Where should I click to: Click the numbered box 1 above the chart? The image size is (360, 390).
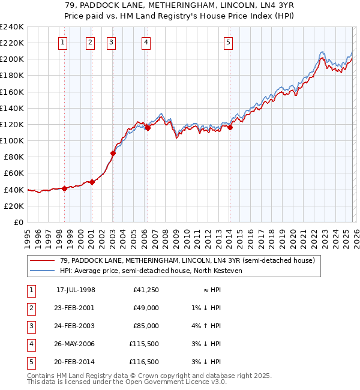(64, 42)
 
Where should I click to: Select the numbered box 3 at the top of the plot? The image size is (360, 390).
(112, 42)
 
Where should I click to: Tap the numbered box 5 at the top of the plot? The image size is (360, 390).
(229, 42)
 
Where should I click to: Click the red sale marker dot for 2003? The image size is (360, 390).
(113, 153)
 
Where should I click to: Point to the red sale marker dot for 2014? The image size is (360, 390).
(230, 127)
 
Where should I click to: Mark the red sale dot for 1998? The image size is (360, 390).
(64, 188)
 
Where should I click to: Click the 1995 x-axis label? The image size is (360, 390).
(27, 234)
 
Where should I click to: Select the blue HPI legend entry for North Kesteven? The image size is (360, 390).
(151, 271)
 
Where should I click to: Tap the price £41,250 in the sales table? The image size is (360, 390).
(146, 290)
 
